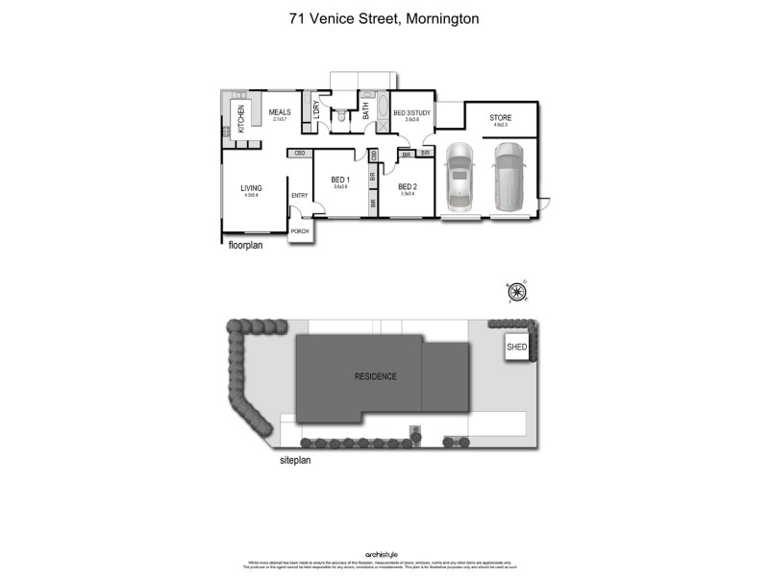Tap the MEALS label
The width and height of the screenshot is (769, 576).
280,112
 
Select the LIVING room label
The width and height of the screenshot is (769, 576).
252,187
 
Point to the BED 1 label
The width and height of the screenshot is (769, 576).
340,180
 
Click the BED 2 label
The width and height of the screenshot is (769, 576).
407,186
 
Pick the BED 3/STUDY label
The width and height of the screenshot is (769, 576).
411,113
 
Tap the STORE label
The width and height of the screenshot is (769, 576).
501,117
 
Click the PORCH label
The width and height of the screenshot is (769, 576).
300,231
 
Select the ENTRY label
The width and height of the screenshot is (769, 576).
300,197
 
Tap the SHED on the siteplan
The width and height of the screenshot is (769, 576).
517,348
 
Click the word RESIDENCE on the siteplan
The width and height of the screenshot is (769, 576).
376,376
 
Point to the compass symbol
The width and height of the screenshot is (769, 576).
517,292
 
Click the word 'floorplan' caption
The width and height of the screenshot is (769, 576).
244,245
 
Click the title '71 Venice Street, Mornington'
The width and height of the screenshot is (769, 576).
384,17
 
